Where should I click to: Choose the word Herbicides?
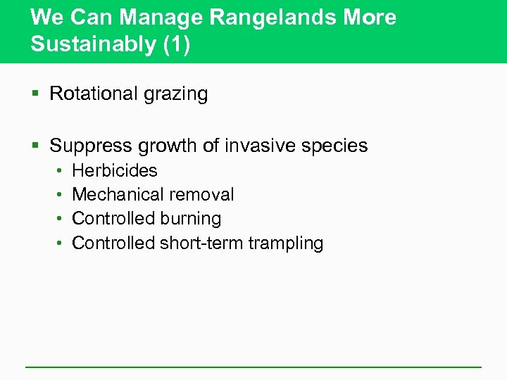[x=115, y=170]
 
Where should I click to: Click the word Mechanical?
[x=115, y=194]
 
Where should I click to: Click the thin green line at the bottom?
[x=254, y=367]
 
